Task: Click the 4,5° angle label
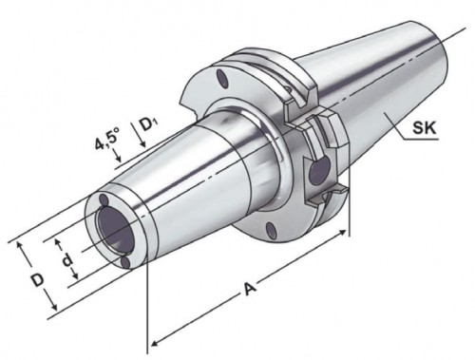pos(107,139)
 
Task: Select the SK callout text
pos(425,128)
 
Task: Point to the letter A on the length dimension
pos(250,289)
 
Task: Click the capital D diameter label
pos(38,280)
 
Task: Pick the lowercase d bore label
pos(67,260)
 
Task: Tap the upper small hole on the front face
pos(104,199)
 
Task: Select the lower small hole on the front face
pos(126,262)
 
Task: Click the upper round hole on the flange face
pos(222,78)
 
